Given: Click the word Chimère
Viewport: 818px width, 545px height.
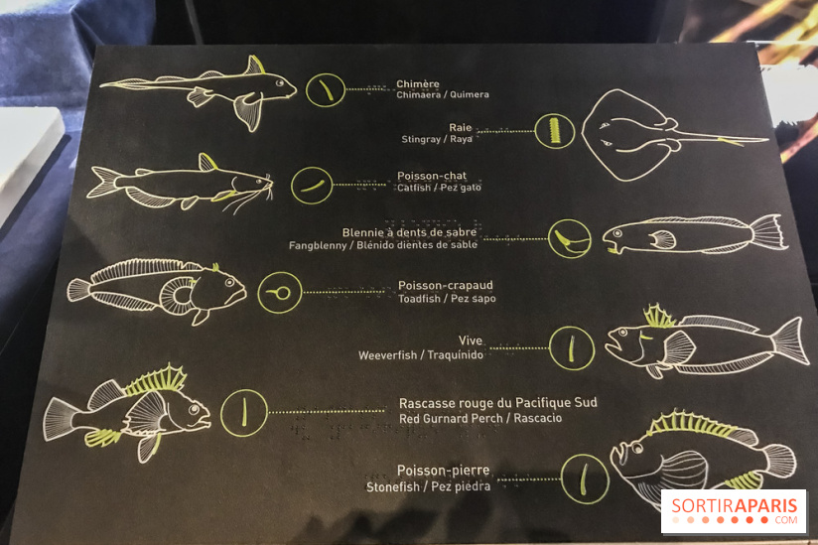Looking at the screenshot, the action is [417, 83].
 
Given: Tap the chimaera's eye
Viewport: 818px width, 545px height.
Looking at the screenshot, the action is [280, 82].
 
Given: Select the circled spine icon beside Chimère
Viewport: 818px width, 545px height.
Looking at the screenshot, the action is [325, 89].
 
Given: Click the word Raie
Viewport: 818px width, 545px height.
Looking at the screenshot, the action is [461, 127].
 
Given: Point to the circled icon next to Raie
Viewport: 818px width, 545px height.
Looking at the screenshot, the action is [555, 131].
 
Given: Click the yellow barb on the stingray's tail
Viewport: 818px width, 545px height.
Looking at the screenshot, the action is [731, 141].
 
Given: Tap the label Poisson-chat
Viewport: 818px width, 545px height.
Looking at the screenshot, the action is [432, 176].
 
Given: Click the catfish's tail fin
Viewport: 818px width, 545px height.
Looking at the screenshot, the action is [103, 182].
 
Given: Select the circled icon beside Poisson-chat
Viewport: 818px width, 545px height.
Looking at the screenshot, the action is [312, 186].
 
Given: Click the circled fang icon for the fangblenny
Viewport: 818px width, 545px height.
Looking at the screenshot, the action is [570, 238].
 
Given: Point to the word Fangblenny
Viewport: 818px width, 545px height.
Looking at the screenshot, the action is [318, 245].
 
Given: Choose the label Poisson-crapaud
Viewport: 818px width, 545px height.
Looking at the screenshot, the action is [446, 285].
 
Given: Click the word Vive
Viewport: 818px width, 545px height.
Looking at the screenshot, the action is [471, 341].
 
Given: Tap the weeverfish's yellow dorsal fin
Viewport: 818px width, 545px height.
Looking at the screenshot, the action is [659, 317].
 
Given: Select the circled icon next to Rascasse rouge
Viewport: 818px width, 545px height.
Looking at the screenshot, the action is [244, 413].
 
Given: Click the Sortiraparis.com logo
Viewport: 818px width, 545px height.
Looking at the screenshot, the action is [734, 511].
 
